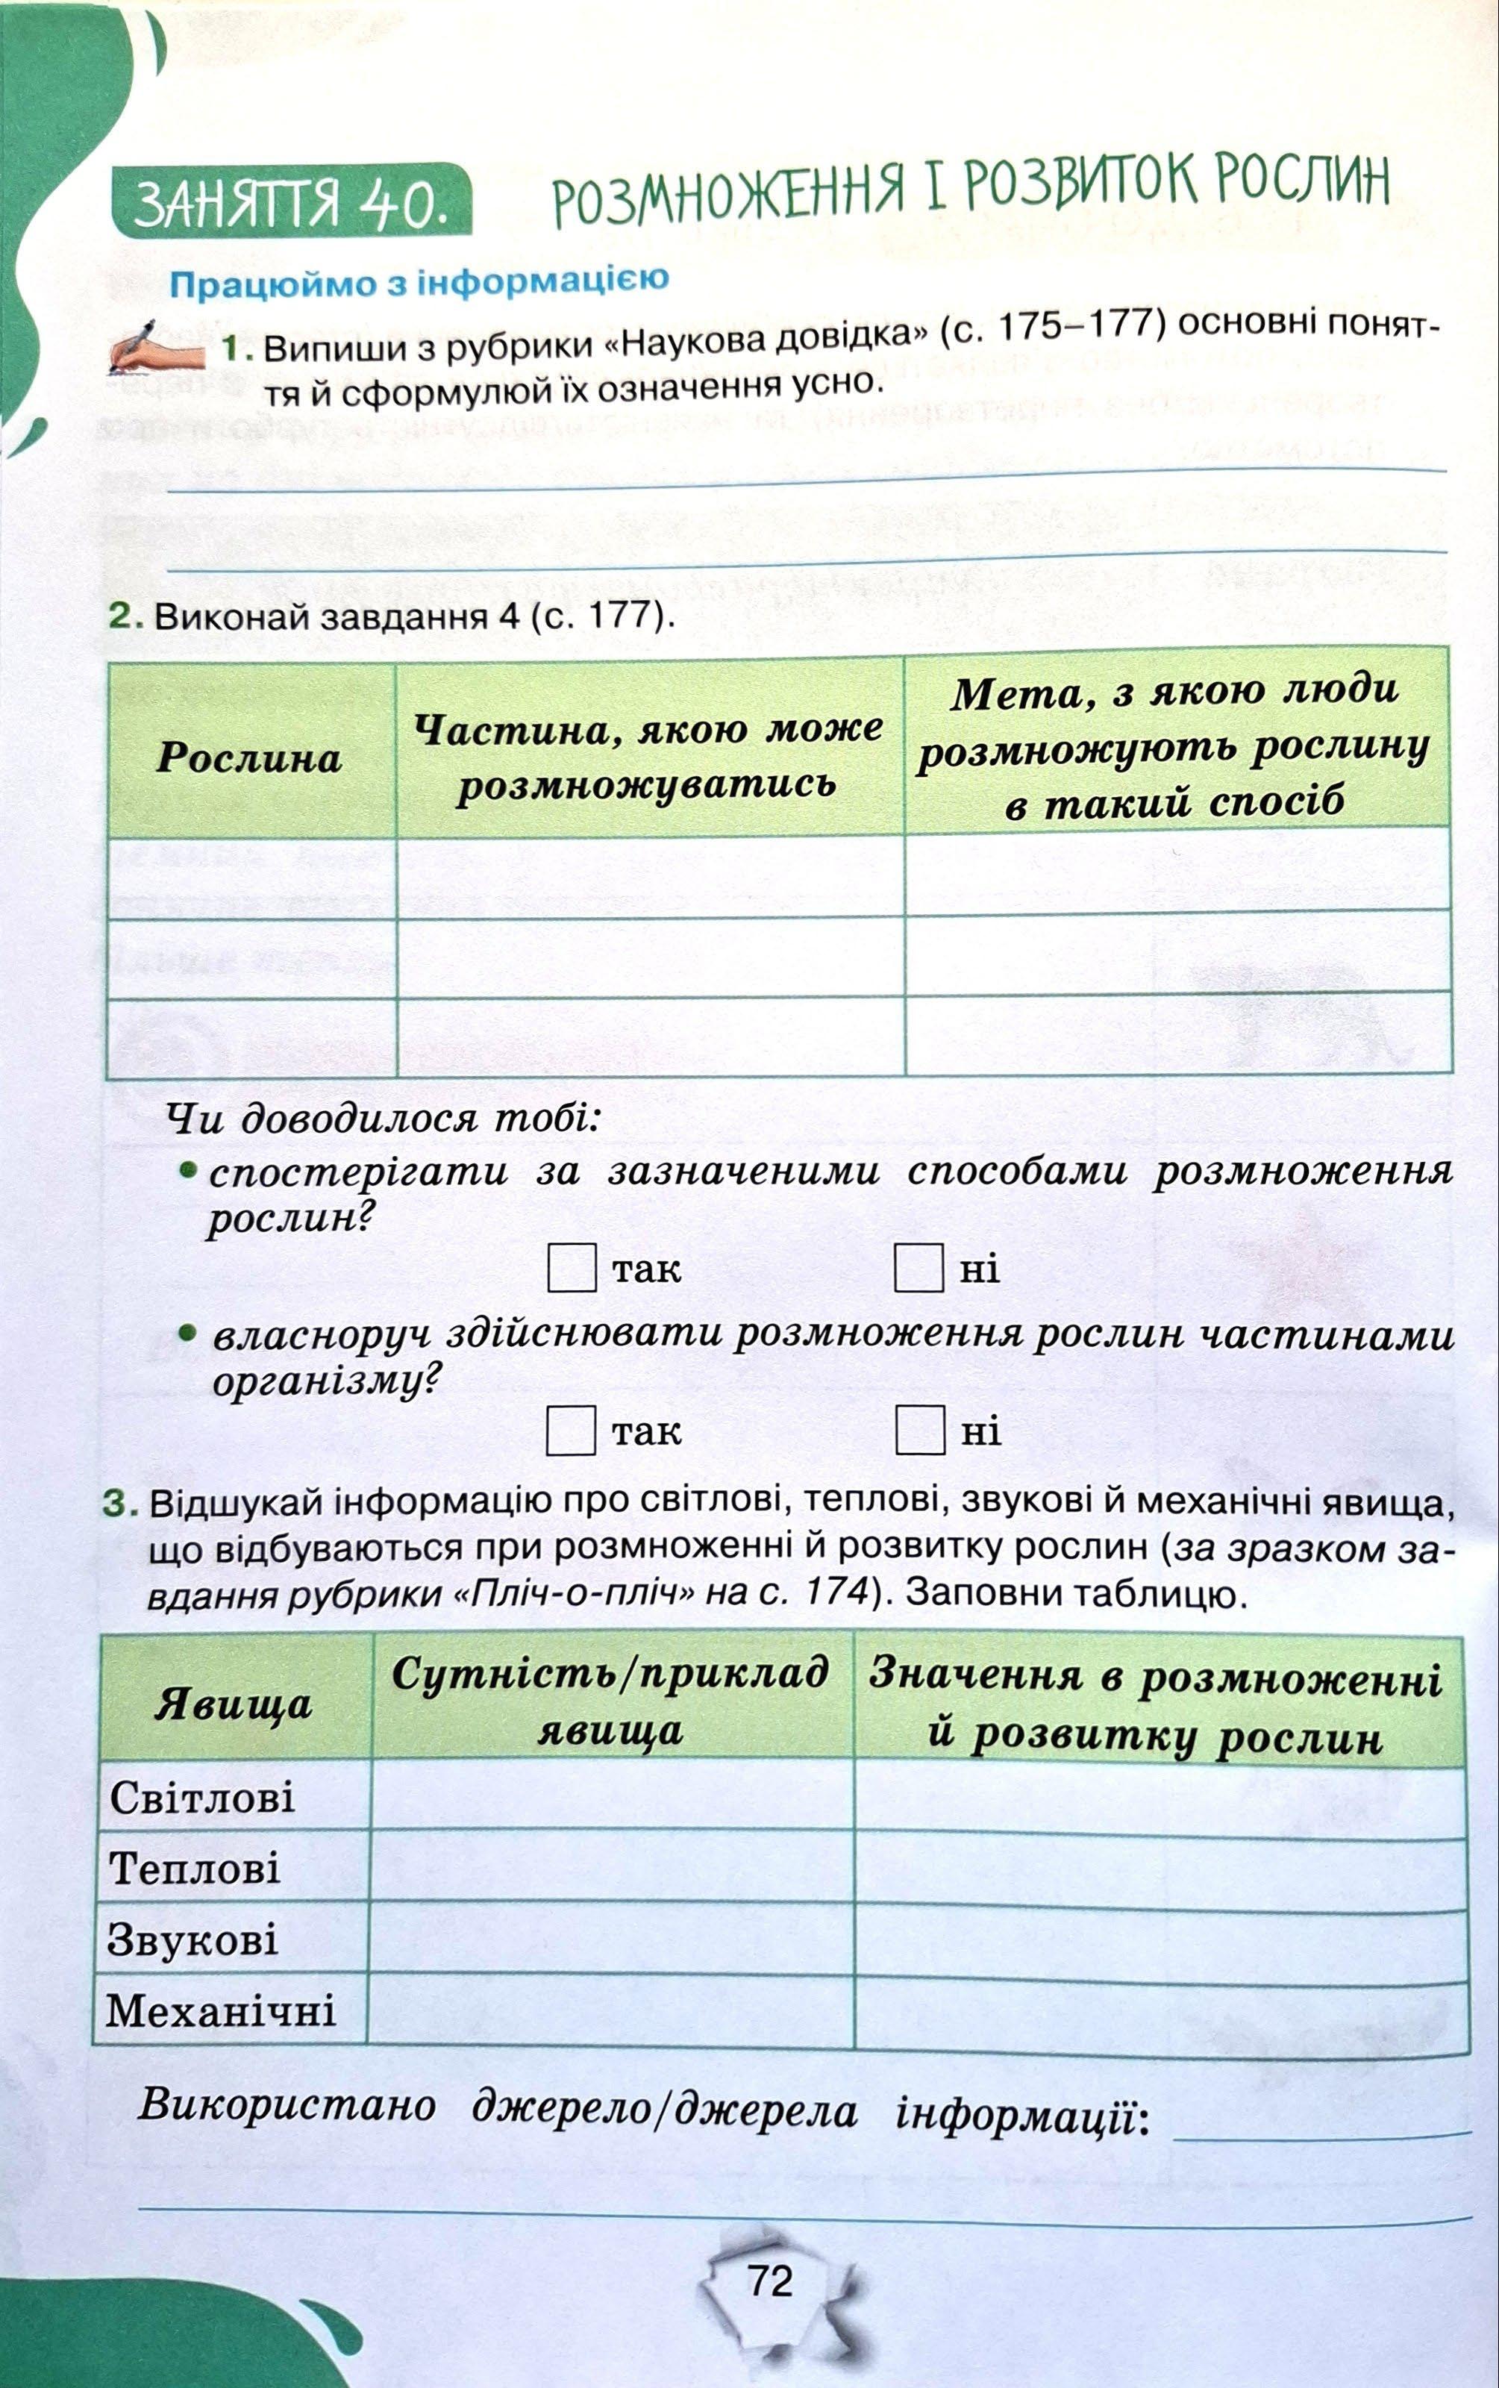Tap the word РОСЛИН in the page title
[x=1301, y=181]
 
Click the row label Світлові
[x=202, y=1796]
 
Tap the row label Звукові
[x=193, y=1938]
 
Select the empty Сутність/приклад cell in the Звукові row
[x=610, y=1938]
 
